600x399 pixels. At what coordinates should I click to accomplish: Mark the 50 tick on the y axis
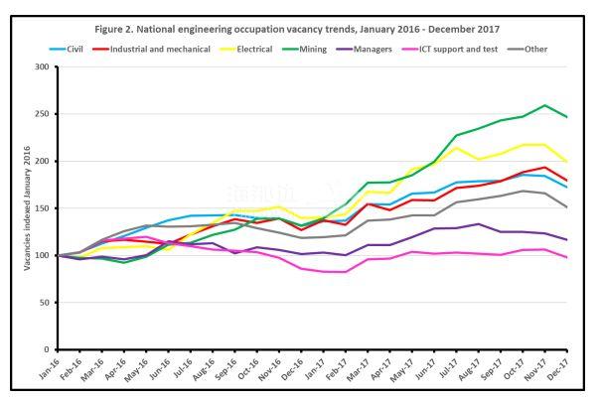pyautogui.click(x=43, y=303)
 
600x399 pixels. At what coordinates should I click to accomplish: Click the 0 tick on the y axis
pyautogui.click(x=46, y=349)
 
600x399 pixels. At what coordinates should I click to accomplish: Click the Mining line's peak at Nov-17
pyautogui.click(x=545, y=105)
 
